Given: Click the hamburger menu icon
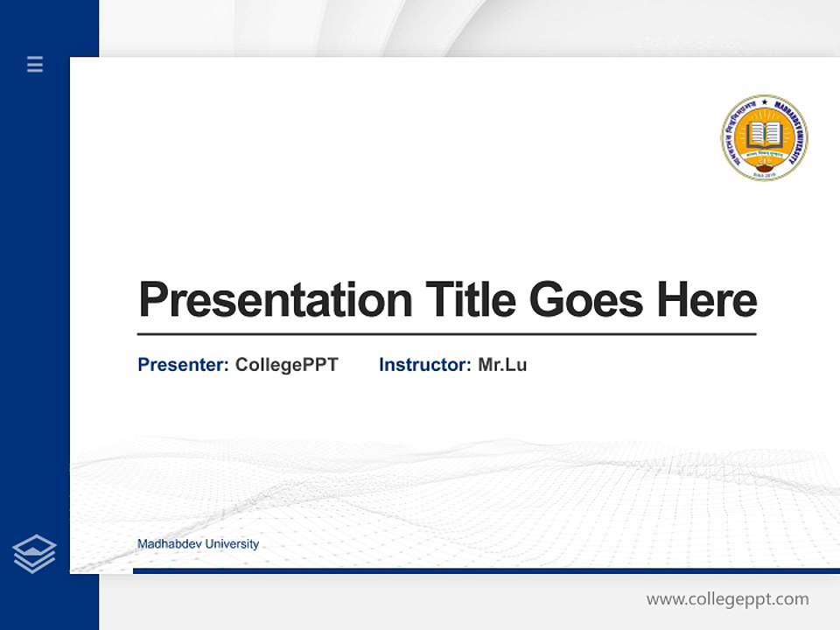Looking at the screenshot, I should (35, 64).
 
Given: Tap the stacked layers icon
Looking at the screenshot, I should (34, 554).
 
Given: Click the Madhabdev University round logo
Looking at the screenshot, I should (764, 138).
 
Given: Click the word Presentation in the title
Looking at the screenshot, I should (275, 300).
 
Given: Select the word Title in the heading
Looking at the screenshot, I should (470, 300).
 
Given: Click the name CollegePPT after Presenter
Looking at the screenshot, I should (286, 365).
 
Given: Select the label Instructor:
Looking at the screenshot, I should (424, 365).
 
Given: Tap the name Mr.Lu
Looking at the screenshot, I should (502, 365).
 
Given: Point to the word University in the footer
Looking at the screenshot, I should (230, 544).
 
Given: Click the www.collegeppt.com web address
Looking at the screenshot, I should (727, 599).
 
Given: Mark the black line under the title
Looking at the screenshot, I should (446, 333).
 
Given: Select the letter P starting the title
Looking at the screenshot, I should (152, 300).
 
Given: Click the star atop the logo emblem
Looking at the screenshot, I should (764, 102).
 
